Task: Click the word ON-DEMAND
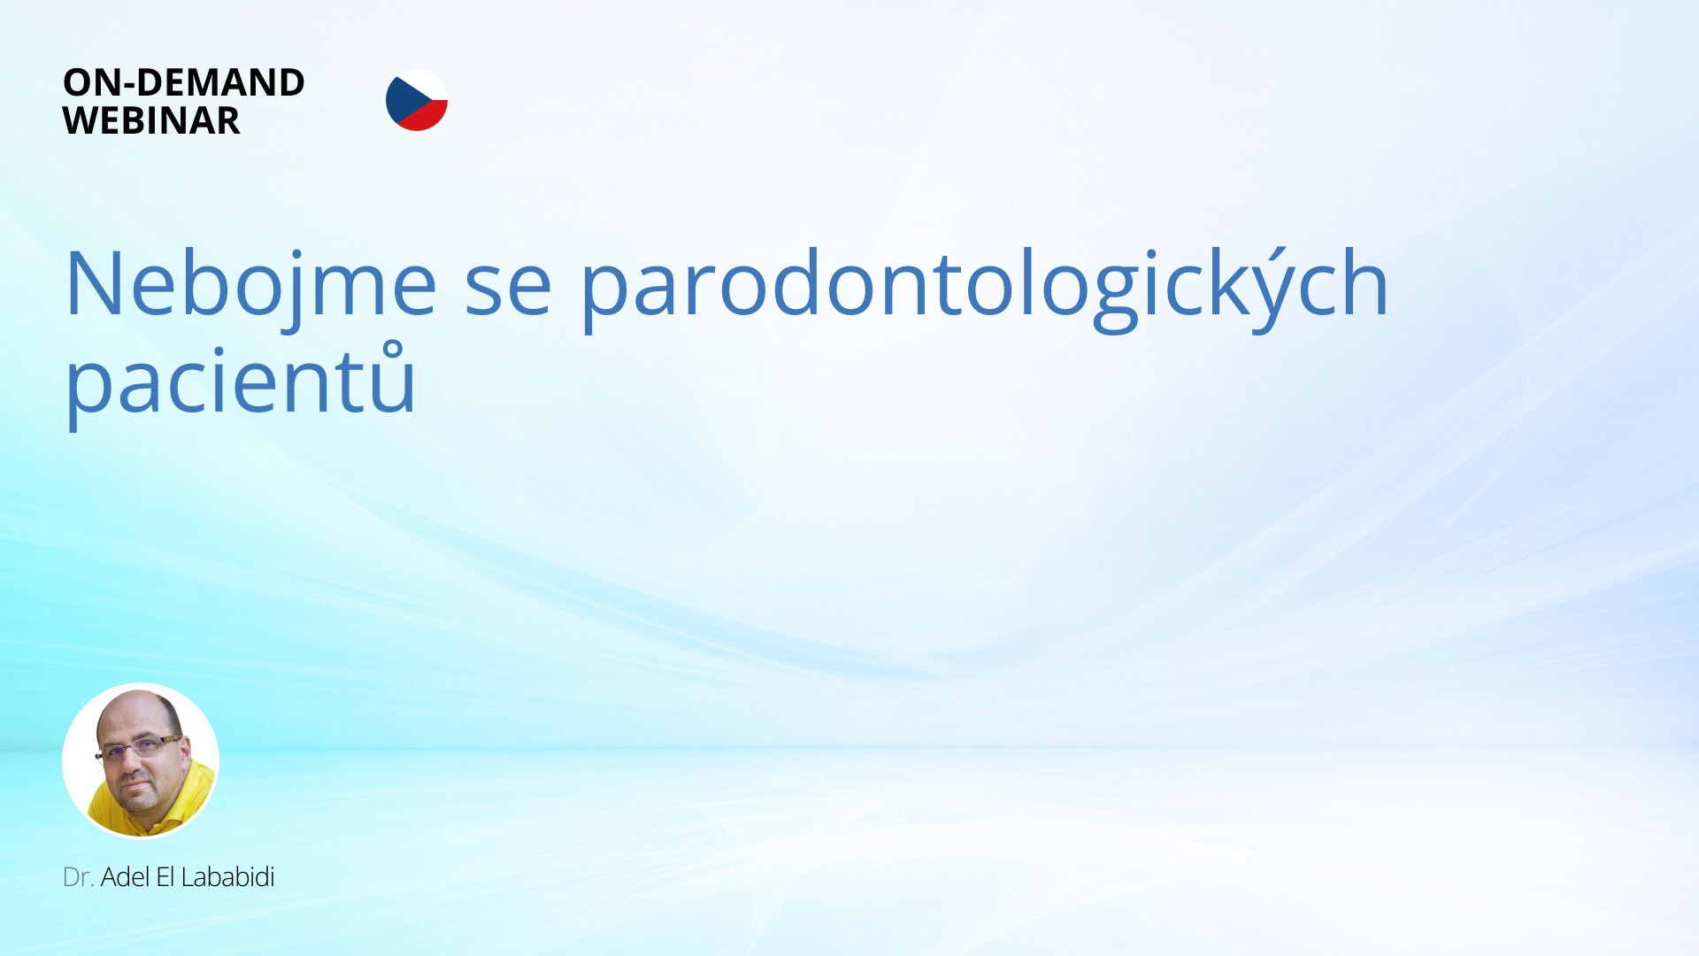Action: click(x=183, y=82)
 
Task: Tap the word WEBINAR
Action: click(x=151, y=120)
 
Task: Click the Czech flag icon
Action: click(x=417, y=100)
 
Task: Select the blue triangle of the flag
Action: click(x=400, y=100)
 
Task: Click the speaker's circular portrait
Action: click(x=141, y=761)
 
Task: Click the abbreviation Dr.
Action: click(x=78, y=877)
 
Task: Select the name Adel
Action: click(x=125, y=877)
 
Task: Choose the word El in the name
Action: click(x=165, y=877)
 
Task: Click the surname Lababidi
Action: click(x=227, y=877)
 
